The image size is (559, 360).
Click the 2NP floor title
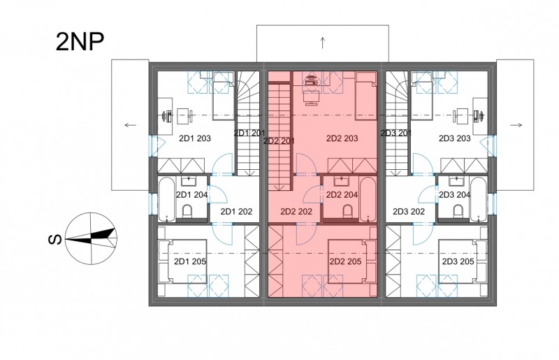click(x=80, y=42)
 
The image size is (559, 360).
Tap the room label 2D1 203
click(x=195, y=138)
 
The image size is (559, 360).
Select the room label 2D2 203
click(x=342, y=138)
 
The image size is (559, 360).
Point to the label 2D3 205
click(x=458, y=261)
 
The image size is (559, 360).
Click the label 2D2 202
click(x=296, y=212)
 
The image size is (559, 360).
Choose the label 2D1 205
click(x=190, y=261)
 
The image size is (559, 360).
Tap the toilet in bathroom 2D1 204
click(x=187, y=211)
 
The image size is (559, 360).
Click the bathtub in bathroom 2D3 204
click(x=477, y=199)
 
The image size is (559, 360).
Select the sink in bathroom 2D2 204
click(x=342, y=181)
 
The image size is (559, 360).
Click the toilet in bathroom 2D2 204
click(x=347, y=211)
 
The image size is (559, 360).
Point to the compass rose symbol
click(x=92, y=238)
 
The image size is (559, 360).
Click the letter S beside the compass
click(x=55, y=239)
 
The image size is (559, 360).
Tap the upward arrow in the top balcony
click(x=323, y=43)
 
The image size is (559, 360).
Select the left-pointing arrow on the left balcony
click(x=131, y=125)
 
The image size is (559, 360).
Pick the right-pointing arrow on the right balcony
click(x=516, y=125)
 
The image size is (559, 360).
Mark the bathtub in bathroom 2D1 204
click(x=166, y=199)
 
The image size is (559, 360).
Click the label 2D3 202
click(x=409, y=212)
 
